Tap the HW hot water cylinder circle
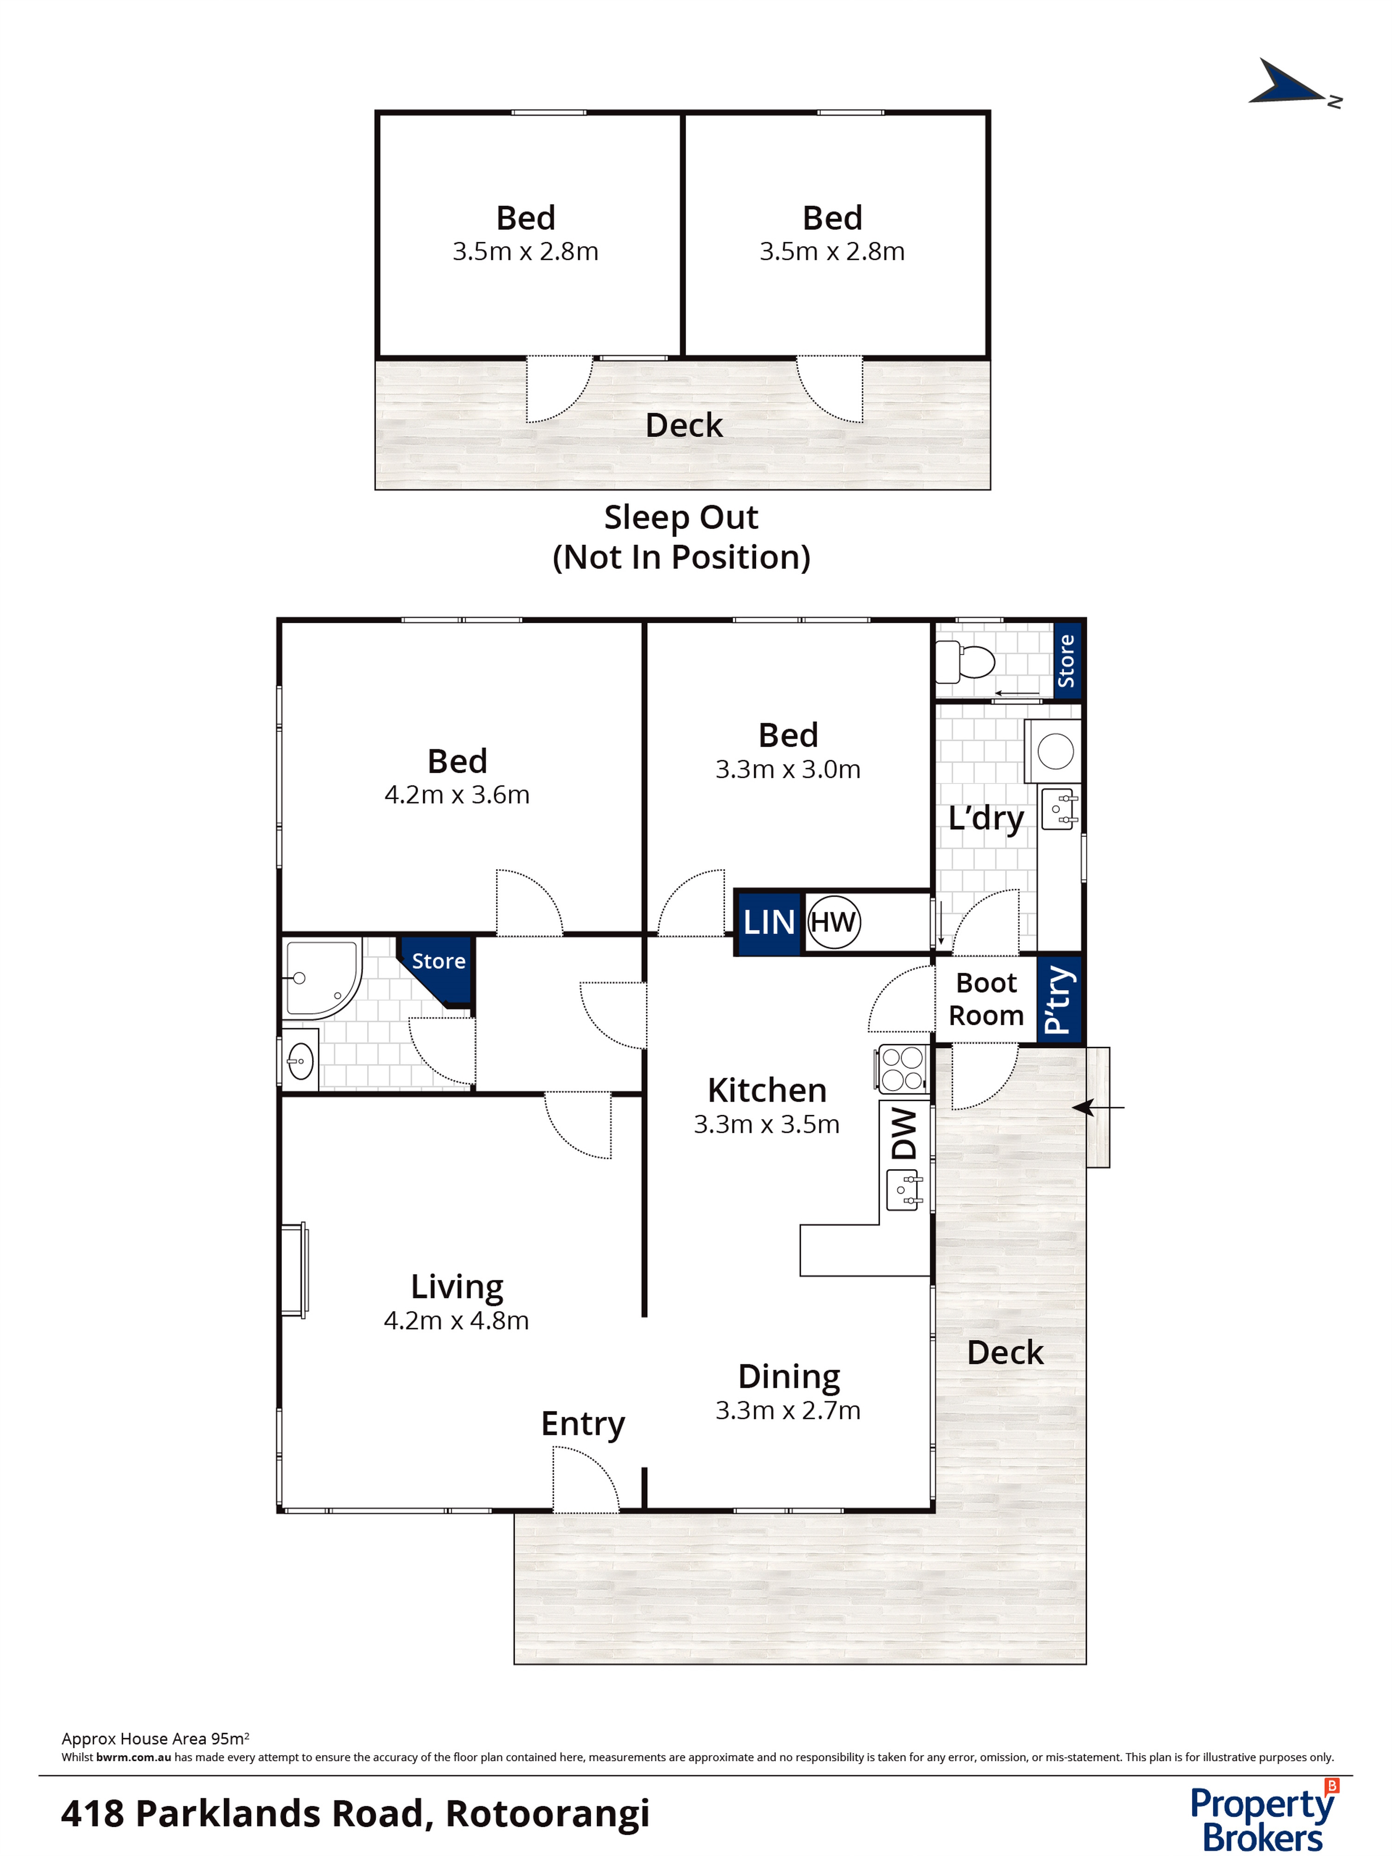point(833,922)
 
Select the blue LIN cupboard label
point(768,922)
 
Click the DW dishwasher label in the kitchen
point(904,1133)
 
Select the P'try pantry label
point(1059,999)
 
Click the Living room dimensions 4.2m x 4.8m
point(457,1321)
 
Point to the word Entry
point(583,1424)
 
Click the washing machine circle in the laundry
point(1056,751)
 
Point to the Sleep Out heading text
point(681,517)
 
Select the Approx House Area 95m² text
point(155,1739)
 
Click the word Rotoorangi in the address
point(548,1814)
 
